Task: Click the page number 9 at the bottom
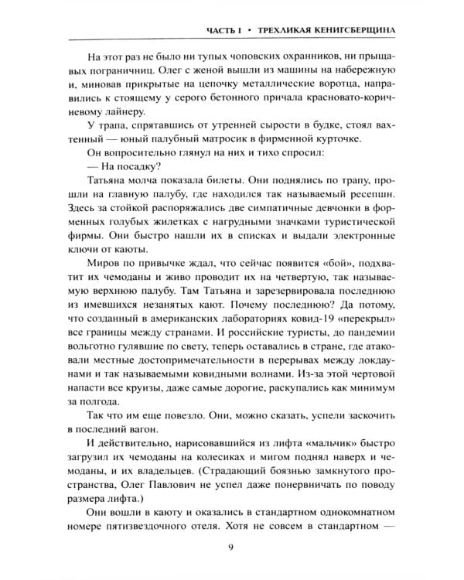pyautogui.click(x=232, y=551)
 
